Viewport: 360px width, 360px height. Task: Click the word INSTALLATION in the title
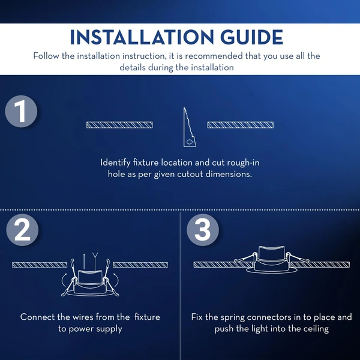pyautogui.click(x=142, y=37)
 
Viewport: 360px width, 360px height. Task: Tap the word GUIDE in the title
pyautogui.click(x=251, y=37)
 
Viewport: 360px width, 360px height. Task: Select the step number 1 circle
pyautogui.click(x=21, y=112)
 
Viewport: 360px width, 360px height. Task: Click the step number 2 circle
pyautogui.click(x=22, y=230)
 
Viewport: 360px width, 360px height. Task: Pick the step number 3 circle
pyautogui.click(x=203, y=230)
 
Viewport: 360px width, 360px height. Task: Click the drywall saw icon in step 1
pyautogui.click(x=189, y=127)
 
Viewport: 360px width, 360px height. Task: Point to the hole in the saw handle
pyautogui.click(x=190, y=142)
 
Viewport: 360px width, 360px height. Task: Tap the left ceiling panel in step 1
pyautogui.click(x=119, y=125)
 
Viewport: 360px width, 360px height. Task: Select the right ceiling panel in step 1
pyautogui.click(x=241, y=125)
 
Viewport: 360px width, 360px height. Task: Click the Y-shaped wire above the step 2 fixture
pyautogui.click(x=95, y=261)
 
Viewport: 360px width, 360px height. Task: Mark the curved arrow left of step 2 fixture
pyautogui.click(x=64, y=280)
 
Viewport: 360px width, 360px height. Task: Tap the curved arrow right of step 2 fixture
pyautogui.click(x=116, y=280)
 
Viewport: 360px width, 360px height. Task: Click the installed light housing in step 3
pyautogui.click(x=272, y=259)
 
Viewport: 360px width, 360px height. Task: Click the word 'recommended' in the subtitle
pyautogui.click(x=214, y=56)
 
